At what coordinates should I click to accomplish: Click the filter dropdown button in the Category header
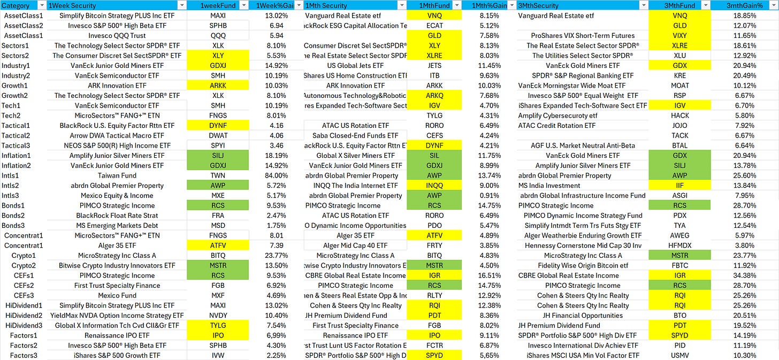click(x=41, y=5)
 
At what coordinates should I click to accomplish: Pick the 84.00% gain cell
click(x=277, y=175)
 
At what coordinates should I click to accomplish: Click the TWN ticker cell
click(x=218, y=175)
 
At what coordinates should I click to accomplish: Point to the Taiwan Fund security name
click(x=117, y=175)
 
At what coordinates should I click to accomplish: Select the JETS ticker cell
click(x=434, y=65)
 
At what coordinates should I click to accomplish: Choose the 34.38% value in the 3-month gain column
click(x=745, y=275)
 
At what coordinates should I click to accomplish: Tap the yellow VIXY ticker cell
click(x=679, y=35)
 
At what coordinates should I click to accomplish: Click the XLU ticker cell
click(x=679, y=56)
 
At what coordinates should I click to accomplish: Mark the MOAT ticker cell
click(x=679, y=86)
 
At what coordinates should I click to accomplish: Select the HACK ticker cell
click(x=679, y=116)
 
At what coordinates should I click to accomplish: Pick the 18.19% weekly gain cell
click(x=277, y=156)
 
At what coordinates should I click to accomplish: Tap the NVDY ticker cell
click(x=218, y=316)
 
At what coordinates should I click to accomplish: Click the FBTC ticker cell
click(x=679, y=266)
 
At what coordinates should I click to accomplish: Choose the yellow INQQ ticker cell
click(x=434, y=186)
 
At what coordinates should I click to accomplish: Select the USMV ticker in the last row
click(x=679, y=356)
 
